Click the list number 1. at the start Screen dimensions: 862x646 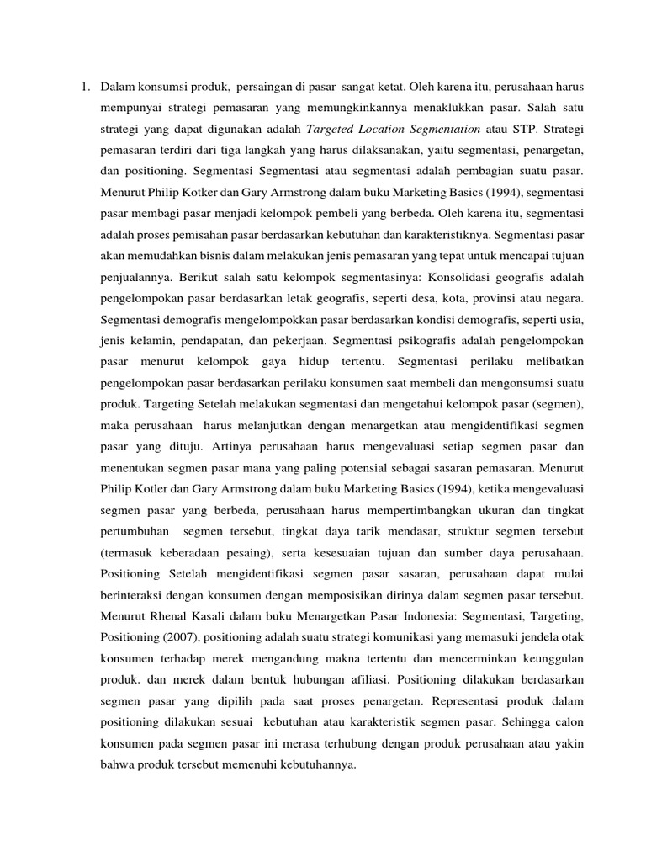(x=86, y=87)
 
